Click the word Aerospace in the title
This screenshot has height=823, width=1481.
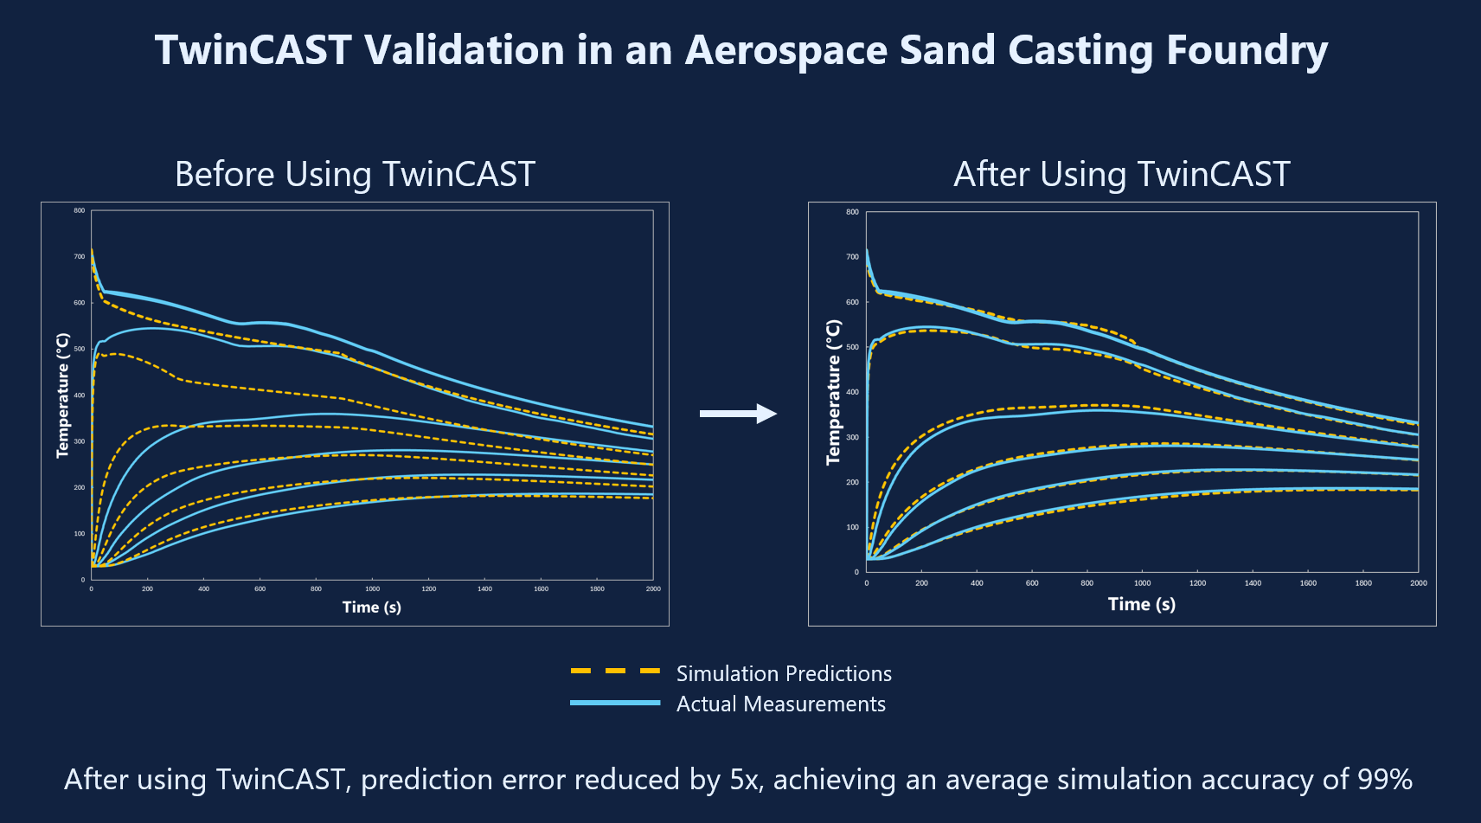(x=785, y=50)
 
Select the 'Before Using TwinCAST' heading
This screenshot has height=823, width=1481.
(x=355, y=174)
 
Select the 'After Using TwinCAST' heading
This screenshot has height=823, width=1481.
(x=1121, y=174)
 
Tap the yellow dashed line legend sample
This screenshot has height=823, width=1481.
(x=615, y=672)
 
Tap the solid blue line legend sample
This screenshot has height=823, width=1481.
(x=615, y=703)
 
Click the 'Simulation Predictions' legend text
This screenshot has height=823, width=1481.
(x=783, y=673)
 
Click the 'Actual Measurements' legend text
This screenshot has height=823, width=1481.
(x=780, y=704)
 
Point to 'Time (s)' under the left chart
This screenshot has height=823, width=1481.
(x=372, y=607)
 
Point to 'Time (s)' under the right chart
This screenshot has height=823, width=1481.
(x=1141, y=604)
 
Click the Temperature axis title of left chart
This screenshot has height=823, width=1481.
(x=62, y=395)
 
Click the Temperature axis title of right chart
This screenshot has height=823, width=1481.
(x=833, y=392)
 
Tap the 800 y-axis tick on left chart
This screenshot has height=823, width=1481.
(x=80, y=210)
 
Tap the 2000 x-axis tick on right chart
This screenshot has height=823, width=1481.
(x=1418, y=583)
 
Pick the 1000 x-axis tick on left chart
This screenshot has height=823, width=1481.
(x=372, y=588)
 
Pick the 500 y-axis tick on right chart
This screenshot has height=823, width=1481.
(x=853, y=347)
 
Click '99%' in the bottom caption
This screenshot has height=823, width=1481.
(x=1384, y=779)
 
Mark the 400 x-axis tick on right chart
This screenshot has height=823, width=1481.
(x=977, y=583)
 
